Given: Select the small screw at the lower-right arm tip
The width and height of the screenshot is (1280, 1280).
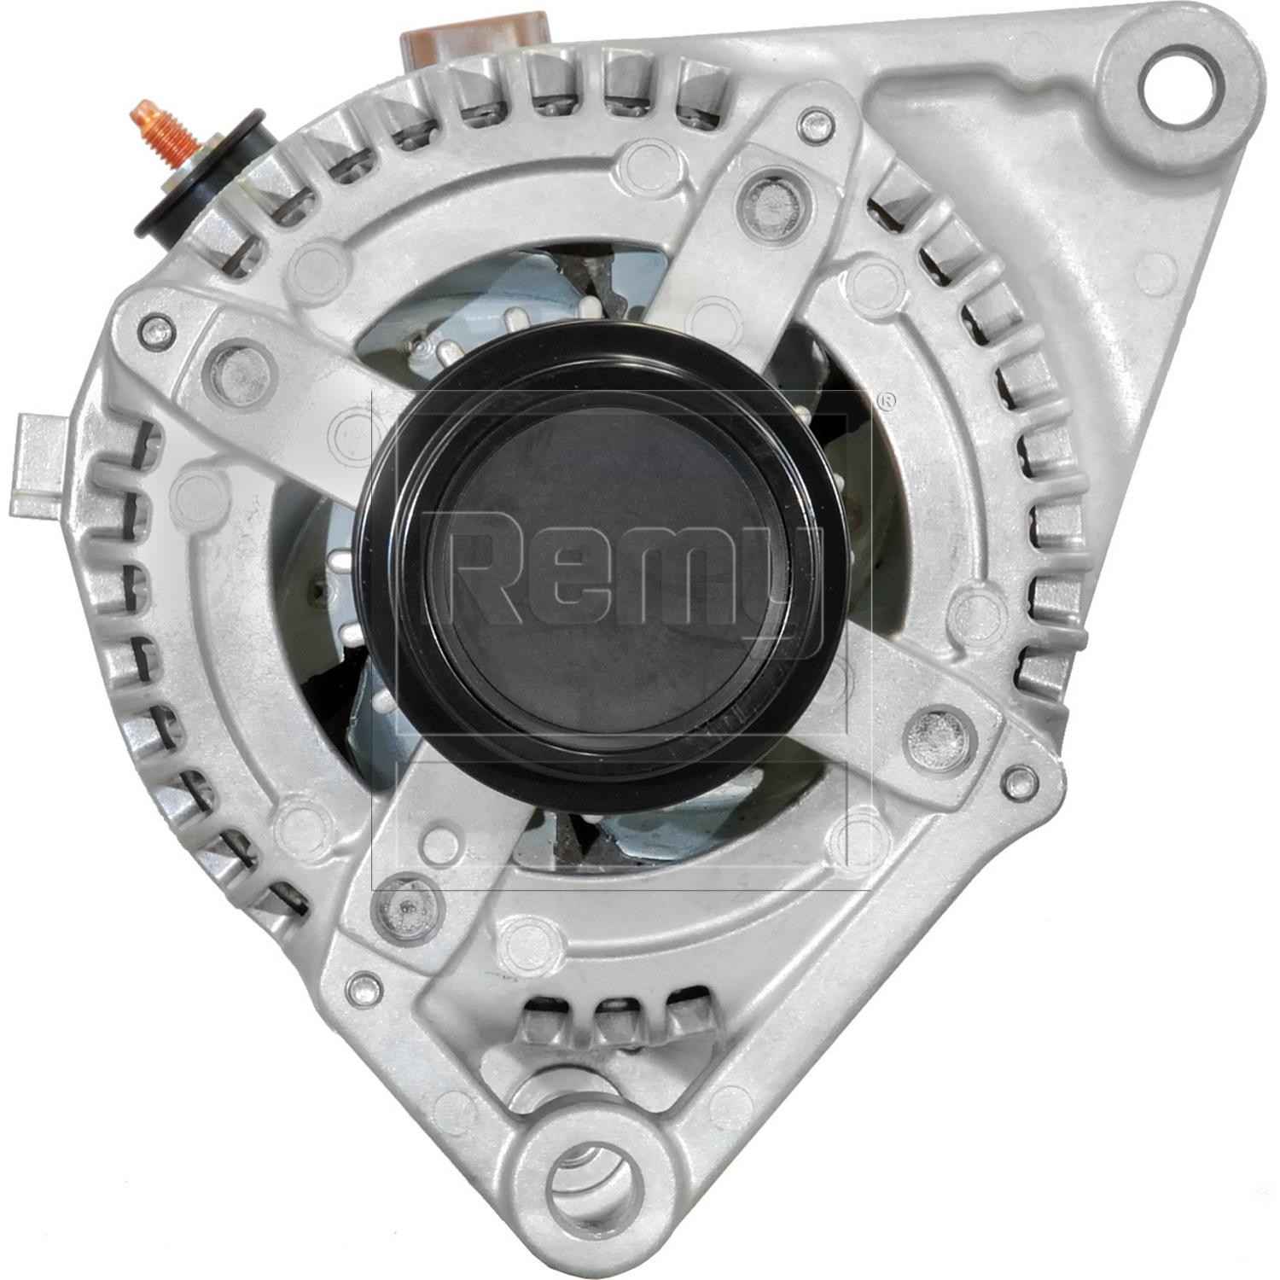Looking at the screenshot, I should tap(1017, 778).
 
